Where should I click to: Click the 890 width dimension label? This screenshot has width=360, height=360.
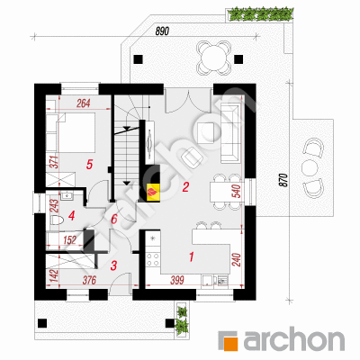[x=162, y=31]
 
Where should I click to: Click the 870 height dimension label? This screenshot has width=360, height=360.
[x=284, y=180]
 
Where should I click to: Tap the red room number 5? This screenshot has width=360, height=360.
[x=89, y=165]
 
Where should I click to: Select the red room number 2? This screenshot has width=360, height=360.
[x=185, y=188]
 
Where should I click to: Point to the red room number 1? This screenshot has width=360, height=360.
[x=191, y=257]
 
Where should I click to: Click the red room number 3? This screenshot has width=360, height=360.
[x=113, y=265]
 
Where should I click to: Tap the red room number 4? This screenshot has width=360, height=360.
[x=71, y=216]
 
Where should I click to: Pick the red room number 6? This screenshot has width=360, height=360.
[x=114, y=220]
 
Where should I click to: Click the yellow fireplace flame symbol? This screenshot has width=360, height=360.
[x=153, y=191]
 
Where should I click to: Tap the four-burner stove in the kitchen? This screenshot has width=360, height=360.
[x=152, y=259]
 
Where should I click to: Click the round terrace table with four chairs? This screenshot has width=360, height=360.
[x=214, y=58]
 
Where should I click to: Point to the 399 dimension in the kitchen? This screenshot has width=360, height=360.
[x=177, y=281]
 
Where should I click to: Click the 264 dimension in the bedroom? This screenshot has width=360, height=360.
[x=84, y=103]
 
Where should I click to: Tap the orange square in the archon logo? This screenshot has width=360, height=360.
[x=230, y=343]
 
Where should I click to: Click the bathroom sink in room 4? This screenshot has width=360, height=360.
[x=67, y=196]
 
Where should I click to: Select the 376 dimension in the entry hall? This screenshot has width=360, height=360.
[x=89, y=281]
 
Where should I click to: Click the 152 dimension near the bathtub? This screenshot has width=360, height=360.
[x=69, y=240]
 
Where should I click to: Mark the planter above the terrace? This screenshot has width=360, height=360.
[x=259, y=14]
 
